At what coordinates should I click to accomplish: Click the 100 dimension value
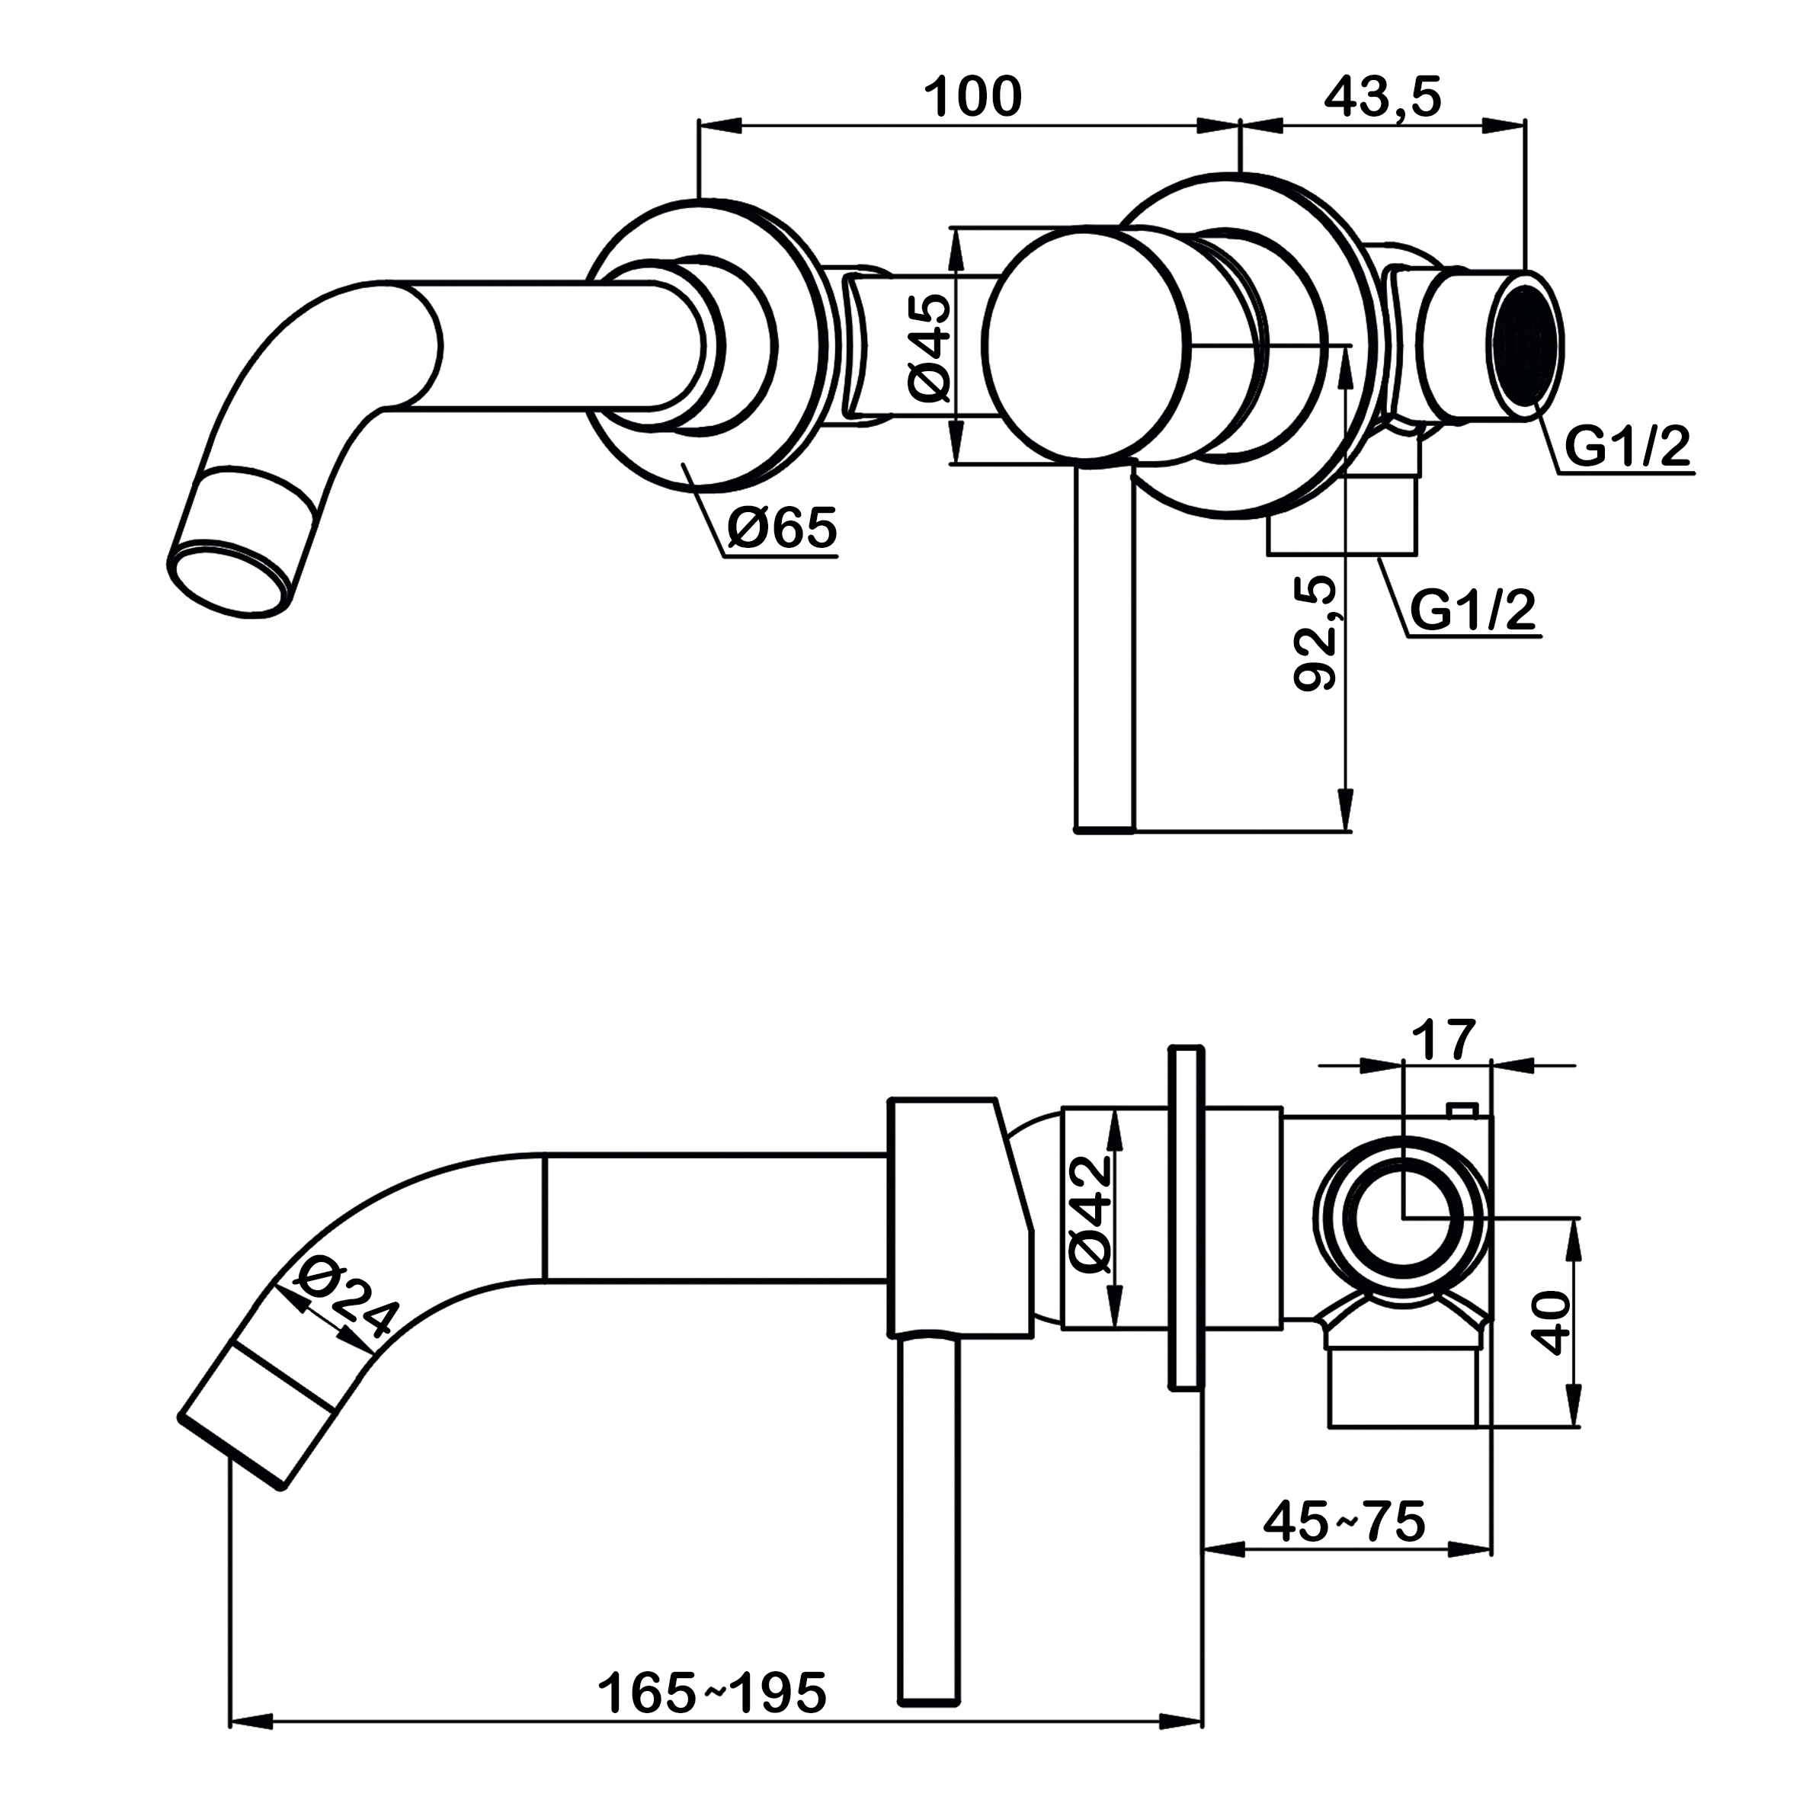972,97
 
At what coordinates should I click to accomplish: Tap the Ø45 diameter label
928,347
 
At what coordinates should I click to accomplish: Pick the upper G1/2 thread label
1625,448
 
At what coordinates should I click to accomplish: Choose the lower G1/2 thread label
1472,610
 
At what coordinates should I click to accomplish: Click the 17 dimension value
1444,1039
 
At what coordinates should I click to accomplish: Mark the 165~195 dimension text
712,1693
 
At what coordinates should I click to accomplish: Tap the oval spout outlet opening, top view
226,578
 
